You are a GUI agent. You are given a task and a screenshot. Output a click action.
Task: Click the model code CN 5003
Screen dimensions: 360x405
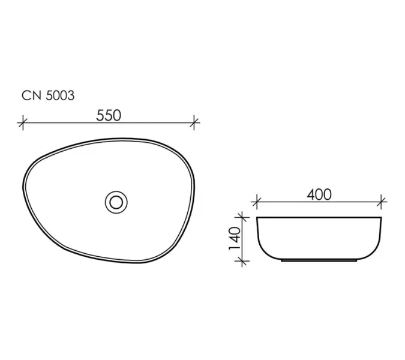[48, 95]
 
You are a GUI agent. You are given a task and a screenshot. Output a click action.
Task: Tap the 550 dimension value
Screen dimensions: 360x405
[109, 115]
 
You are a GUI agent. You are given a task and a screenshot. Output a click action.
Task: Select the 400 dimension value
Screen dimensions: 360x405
[319, 194]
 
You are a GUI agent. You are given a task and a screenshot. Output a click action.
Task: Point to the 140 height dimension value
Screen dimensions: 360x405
[235, 238]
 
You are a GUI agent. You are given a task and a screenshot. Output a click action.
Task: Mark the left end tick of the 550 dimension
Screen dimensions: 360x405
[23, 123]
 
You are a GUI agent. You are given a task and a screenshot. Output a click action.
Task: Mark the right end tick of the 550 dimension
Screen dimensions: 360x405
[194, 123]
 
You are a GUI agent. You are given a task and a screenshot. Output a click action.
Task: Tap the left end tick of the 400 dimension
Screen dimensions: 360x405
[256, 201]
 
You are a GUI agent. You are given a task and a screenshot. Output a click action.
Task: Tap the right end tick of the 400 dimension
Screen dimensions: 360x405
[382, 201]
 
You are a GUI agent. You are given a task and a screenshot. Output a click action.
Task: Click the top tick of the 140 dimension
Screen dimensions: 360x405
[242, 216]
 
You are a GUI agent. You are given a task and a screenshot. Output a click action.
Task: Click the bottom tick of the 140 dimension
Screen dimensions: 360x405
[242, 261]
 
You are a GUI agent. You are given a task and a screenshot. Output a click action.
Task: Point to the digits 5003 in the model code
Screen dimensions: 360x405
[59, 95]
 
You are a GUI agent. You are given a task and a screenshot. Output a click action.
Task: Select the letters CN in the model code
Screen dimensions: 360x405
[30, 95]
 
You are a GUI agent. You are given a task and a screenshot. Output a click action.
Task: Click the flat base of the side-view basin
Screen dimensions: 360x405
[319, 262]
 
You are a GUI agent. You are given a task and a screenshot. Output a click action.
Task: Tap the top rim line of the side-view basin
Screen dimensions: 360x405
[319, 216]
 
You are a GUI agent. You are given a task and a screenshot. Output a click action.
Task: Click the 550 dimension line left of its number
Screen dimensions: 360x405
[60, 123]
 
